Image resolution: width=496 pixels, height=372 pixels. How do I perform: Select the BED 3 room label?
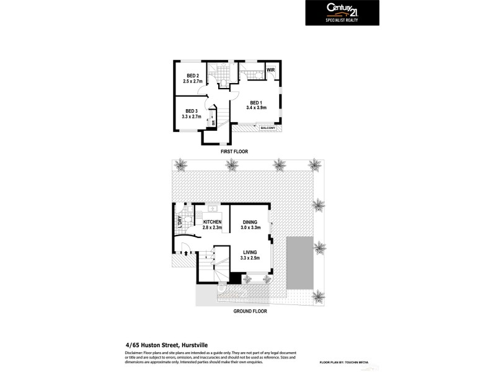tap(192, 111)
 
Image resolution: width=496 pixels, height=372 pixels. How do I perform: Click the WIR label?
tap(271, 70)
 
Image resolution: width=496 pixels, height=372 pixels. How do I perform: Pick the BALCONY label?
tap(268, 128)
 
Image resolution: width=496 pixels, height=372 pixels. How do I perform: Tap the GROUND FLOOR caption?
tap(250, 311)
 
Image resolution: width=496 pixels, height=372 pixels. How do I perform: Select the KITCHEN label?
tap(213, 222)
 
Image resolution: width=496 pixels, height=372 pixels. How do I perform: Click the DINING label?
tap(250, 222)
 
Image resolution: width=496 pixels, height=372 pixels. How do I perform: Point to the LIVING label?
tap(250, 252)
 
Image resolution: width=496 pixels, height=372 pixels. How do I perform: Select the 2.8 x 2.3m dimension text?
tap(213, 228)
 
